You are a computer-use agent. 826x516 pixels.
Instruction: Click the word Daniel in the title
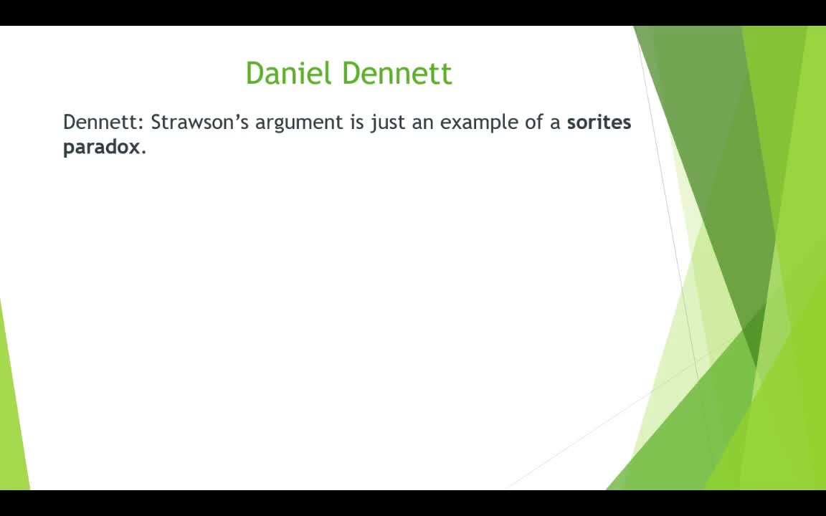(289, 72)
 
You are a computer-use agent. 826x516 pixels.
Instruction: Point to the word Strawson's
(199, 122)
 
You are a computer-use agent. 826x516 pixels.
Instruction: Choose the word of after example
(533, 122)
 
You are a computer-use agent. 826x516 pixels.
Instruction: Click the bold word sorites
(599, 122)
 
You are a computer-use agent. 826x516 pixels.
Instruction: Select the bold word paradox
(102, 147)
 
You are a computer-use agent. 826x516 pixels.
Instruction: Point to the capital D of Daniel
(255, 73)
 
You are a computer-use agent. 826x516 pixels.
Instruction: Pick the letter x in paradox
(134, 148)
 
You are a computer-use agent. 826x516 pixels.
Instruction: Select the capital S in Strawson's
(156, 123)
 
